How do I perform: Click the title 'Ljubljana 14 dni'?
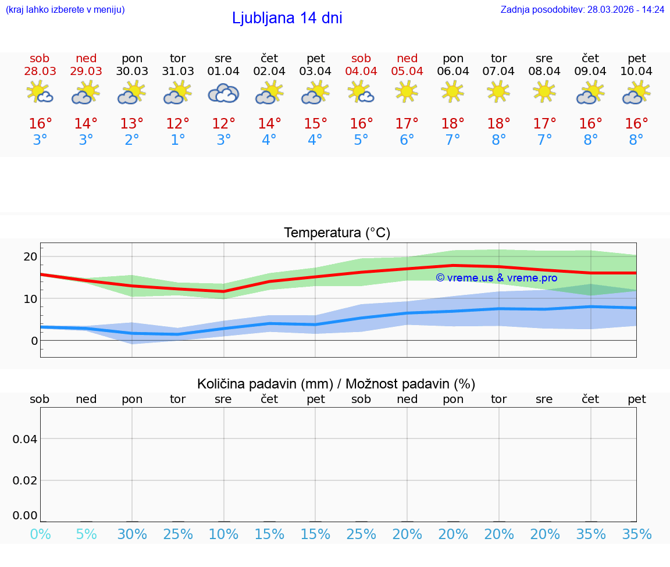[x=287, y=18]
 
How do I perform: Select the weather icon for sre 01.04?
[x=223, y=94]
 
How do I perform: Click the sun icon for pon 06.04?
[x=452, y=91]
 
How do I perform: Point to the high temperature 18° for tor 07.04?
[x=498, y=124]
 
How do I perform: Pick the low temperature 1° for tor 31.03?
[x=177, y=140]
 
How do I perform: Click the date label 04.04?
[x=361, y=72]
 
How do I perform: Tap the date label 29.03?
[x=86, y=72]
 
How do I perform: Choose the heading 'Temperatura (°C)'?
[x=337, y=233]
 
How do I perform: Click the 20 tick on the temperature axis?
[x=30, y=257]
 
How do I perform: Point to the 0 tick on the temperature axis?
[x=34, y=341]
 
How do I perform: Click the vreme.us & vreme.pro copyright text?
[x=496, y=278]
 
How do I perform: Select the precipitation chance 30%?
[x=132, y=534]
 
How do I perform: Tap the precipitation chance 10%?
[x=223, y=534]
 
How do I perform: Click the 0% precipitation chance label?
[x=40, y=534]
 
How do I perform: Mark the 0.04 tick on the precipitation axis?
[x=25, y=439]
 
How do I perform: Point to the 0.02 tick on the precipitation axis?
[x=25, y=480]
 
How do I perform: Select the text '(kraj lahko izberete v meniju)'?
[x=65, y=9]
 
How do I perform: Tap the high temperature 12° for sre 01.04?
[x=223, y=124]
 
